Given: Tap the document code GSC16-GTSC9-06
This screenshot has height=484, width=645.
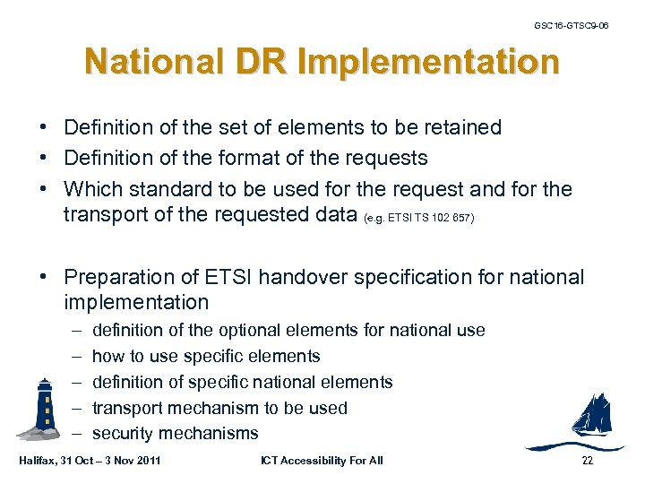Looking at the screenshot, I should pyautogui.click(x=571, y=25).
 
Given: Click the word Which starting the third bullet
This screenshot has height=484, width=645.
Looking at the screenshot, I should pyautogui.click(x=93, y=190).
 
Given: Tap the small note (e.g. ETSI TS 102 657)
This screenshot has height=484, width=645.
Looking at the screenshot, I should pyautogui.click(x=420, y=217).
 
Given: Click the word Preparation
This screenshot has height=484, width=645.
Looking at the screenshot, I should pyautogui.click(x=120, y=278).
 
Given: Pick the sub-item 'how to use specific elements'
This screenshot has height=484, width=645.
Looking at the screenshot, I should pyautogui.click(x=206, y=356).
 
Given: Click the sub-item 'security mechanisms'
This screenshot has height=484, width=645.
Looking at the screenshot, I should pyautogui.click(x=175, y=434).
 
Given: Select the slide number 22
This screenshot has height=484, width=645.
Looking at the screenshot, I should pyautogui.click(x=588, y=461).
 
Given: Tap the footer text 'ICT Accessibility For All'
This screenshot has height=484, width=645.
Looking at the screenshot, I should pyautogui.click(x=322, y=461).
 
